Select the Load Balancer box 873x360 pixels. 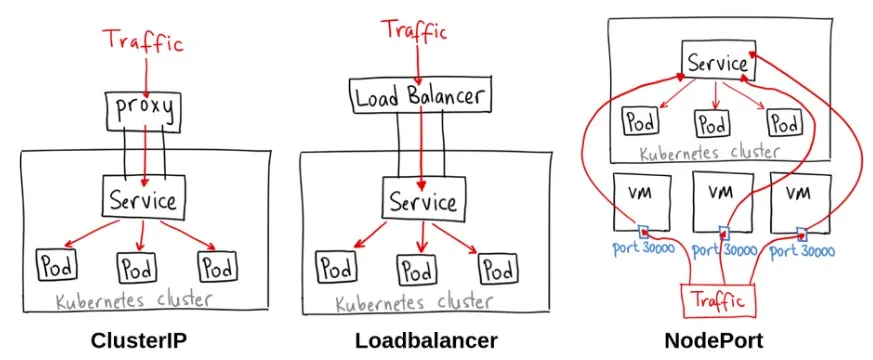coord(420,97)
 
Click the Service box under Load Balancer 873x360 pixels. coord(421,201)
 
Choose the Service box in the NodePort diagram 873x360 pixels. coord(716,61)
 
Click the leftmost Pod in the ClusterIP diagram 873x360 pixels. coord(56,266)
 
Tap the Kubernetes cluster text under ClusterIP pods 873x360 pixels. coord(146,300)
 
